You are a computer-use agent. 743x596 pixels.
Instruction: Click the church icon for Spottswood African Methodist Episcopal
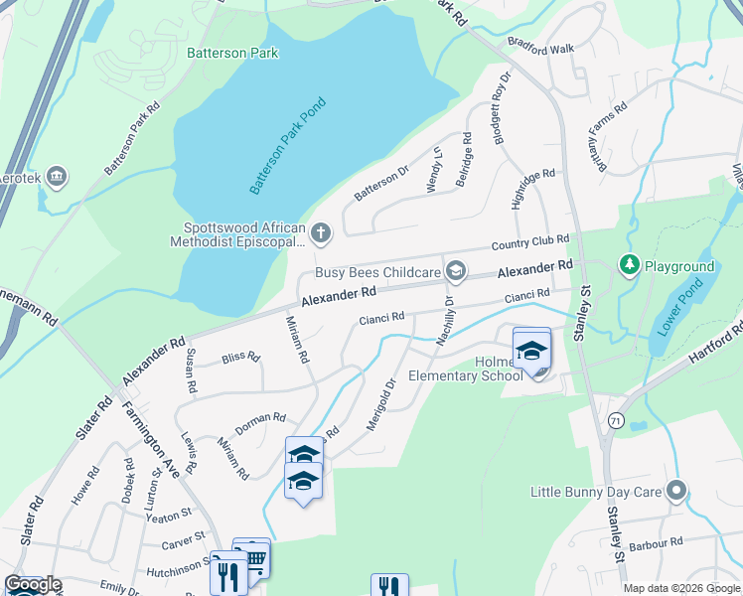tap(320, 233)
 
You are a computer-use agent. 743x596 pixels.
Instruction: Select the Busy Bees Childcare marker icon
tap(456, 271)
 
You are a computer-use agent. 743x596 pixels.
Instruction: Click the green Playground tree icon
tap(628, 266)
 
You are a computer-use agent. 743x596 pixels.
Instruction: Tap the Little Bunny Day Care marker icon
tap(677, 491)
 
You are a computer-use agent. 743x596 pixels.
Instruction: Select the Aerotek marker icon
tap(57, 177)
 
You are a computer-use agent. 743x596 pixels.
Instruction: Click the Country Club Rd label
tap(529, 243)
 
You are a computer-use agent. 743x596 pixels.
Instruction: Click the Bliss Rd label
tap(240, 357)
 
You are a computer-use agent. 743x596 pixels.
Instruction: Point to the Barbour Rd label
tap(662, 542)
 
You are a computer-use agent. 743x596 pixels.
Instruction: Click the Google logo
tap(33, 585)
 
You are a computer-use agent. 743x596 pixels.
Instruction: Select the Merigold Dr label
tap(381, 403)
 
